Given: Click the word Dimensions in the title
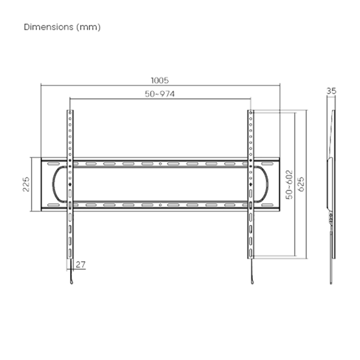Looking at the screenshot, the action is [49, 27].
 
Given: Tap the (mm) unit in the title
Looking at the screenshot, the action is [89, 27].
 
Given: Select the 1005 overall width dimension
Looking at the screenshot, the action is [160, 80].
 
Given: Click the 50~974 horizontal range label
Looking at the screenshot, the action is [160, 94].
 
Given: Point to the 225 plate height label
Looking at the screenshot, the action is [26, 184].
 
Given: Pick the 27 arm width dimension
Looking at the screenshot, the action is [81, 264].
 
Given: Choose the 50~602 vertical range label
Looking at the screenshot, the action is [289, 184].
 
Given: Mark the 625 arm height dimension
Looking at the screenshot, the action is [301, 184].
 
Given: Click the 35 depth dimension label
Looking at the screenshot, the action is [331, 91].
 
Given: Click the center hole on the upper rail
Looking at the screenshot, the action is [160, 164].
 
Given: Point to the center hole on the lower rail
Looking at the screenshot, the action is [160, 205].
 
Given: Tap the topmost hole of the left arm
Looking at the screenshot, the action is [70, 113].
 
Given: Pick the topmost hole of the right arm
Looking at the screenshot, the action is [251, 112].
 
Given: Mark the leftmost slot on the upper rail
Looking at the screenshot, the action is [53, 164].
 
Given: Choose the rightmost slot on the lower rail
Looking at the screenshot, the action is [267, 205].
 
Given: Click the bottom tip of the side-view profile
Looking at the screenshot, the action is [331, 284].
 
